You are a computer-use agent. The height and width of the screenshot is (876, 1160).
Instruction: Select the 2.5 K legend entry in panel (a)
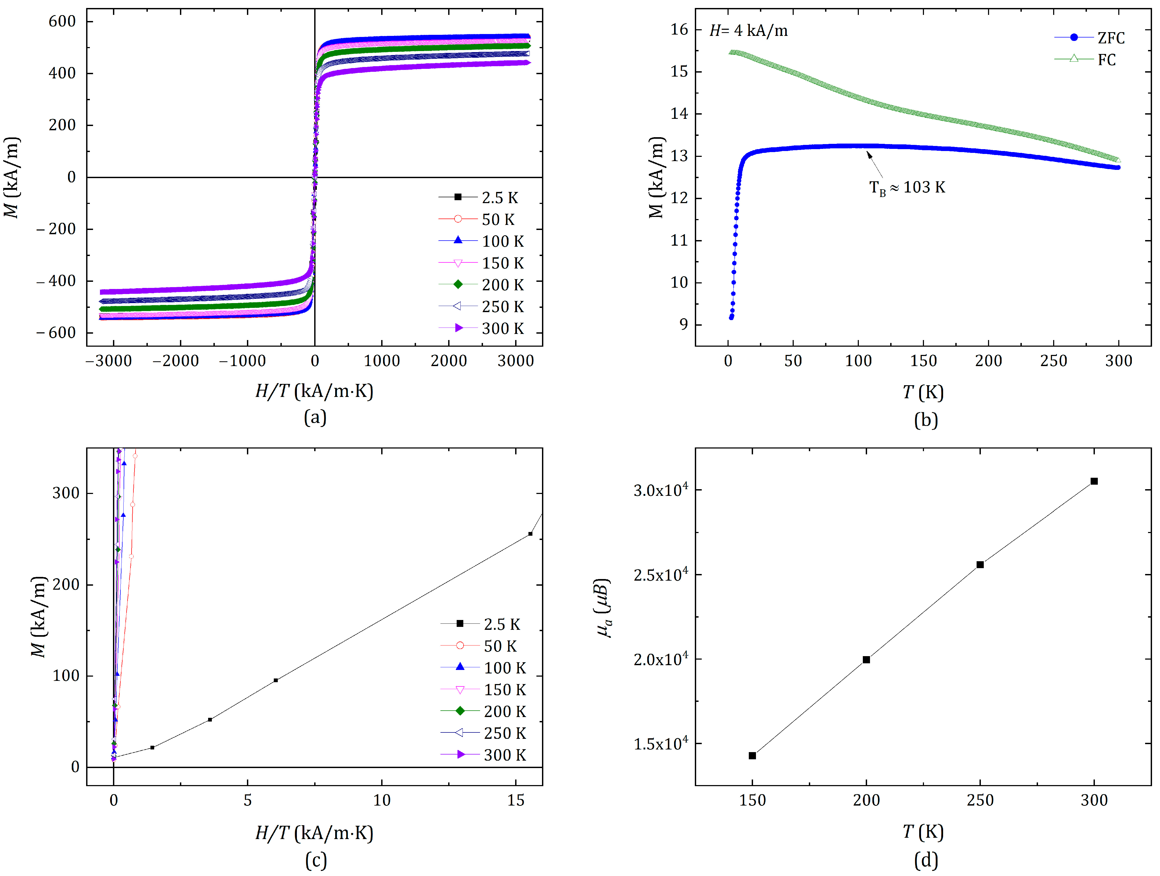478,198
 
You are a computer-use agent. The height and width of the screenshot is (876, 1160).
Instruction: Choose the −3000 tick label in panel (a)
109,361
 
